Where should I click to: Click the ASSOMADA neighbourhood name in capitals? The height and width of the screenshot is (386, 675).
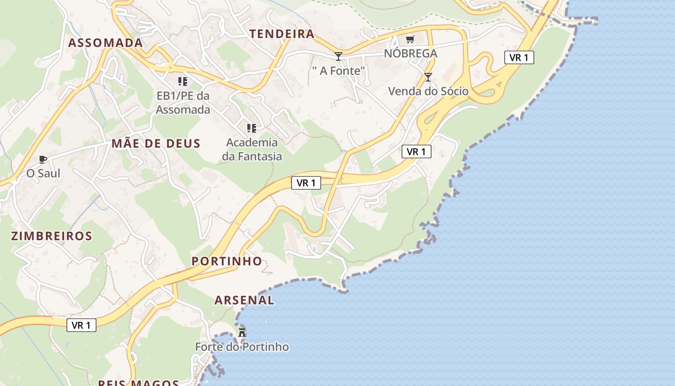click(x=106, y=42)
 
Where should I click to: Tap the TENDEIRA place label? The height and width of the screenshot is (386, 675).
click(x=282, y=34)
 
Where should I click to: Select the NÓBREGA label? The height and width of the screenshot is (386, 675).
click(x=410, y=53)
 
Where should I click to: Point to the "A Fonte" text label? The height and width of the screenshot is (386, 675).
click(x=339, y=71)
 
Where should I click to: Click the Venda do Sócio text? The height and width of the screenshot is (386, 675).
click(x=428, y=91)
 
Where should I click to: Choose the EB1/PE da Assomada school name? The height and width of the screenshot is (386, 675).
click(x=183, y=103)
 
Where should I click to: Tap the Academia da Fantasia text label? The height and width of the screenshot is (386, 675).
click(x=252, y=149)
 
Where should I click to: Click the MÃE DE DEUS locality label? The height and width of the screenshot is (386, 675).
click(x=156, y=143)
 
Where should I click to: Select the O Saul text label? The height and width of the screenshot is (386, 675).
click(x=43, y=173)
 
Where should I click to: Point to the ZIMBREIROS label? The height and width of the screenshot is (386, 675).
click(x=52, y=236)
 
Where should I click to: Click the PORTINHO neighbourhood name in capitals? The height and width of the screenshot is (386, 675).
click(x=227, y=261)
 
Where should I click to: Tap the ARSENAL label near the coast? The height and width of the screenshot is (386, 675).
click(x=244, y=300)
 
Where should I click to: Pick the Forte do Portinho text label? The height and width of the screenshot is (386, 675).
click(x=242, y=346)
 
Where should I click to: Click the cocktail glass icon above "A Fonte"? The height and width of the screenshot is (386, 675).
click(x=338, y=56)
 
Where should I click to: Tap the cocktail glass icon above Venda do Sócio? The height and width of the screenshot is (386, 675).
click(x=428, y=77)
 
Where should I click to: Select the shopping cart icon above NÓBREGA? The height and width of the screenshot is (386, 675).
click(x=410, y=39)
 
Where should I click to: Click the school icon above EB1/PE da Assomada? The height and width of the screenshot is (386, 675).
click(x=182, y=81)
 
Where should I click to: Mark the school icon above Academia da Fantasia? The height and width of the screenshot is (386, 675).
click(x=251, y=128)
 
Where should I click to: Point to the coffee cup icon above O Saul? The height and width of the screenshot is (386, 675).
click(x=43, y=159)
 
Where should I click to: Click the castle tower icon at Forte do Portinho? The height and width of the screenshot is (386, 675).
click(x=242, y=332)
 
